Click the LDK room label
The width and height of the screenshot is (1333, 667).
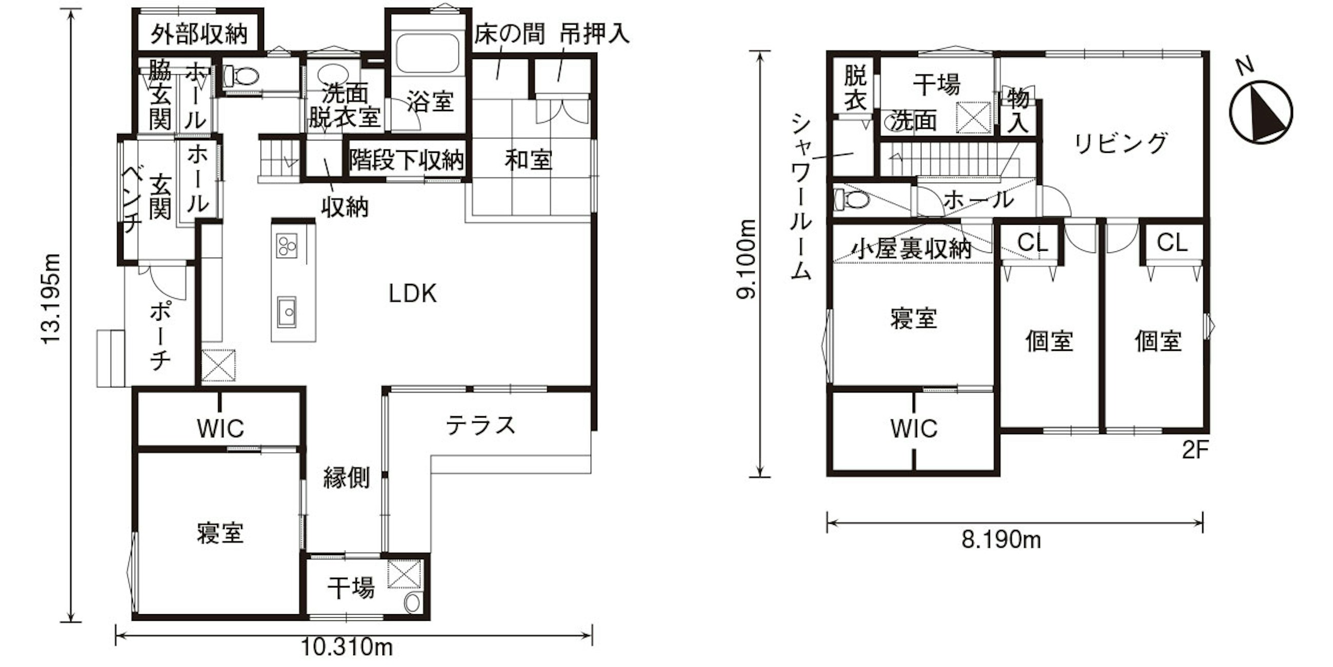[x=412, y=293]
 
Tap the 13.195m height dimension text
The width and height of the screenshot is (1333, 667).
[x=51, y=299]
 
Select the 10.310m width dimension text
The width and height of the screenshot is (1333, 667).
[x=347, y=647]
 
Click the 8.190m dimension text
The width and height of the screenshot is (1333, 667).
[x=1001, y=540]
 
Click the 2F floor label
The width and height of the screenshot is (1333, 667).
[x=1195, y=450]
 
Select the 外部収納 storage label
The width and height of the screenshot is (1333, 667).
[x=199, y=34]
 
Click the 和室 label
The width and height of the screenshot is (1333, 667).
[x=529, y=160]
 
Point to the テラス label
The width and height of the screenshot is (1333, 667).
[x=481, y=425]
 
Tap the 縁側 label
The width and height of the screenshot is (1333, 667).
[x=346, y=477]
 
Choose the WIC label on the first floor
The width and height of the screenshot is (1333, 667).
[x=220, y=428]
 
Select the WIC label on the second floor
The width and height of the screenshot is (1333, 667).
[x=914, y=428]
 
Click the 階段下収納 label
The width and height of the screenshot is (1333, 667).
[x=406, y=160]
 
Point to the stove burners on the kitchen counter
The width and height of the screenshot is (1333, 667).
[x=287, y=245]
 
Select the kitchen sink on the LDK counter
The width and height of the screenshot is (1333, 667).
[x=286, y=312]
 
